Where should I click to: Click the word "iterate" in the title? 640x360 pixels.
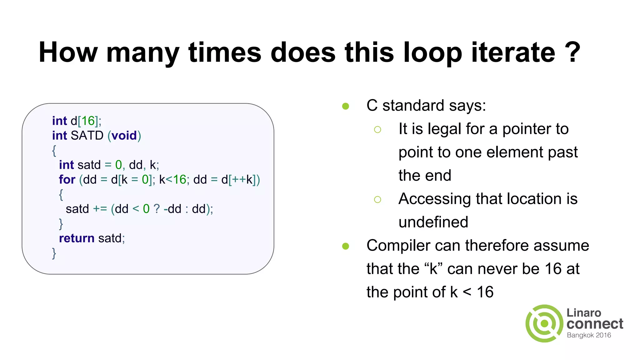(513, 52)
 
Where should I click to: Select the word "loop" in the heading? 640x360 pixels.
(432, 53)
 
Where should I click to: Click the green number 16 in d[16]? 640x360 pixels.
(88, 121)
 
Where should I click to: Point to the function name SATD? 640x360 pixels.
(87, 136)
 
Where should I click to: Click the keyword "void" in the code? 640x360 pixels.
(124, 136)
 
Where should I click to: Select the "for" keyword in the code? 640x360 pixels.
(67, 180)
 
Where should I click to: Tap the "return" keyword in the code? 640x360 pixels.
(77, 238)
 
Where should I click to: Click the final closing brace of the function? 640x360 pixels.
(54, 253)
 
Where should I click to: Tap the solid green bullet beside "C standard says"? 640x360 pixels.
(345, 106)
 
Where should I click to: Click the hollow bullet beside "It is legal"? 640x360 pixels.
(377, 129)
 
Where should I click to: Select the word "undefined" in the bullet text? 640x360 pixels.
(433, 222)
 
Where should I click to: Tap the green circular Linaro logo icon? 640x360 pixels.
(544, 323)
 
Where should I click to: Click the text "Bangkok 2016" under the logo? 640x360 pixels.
(589, 335)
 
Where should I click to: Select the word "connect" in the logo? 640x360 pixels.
(595, 324)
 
